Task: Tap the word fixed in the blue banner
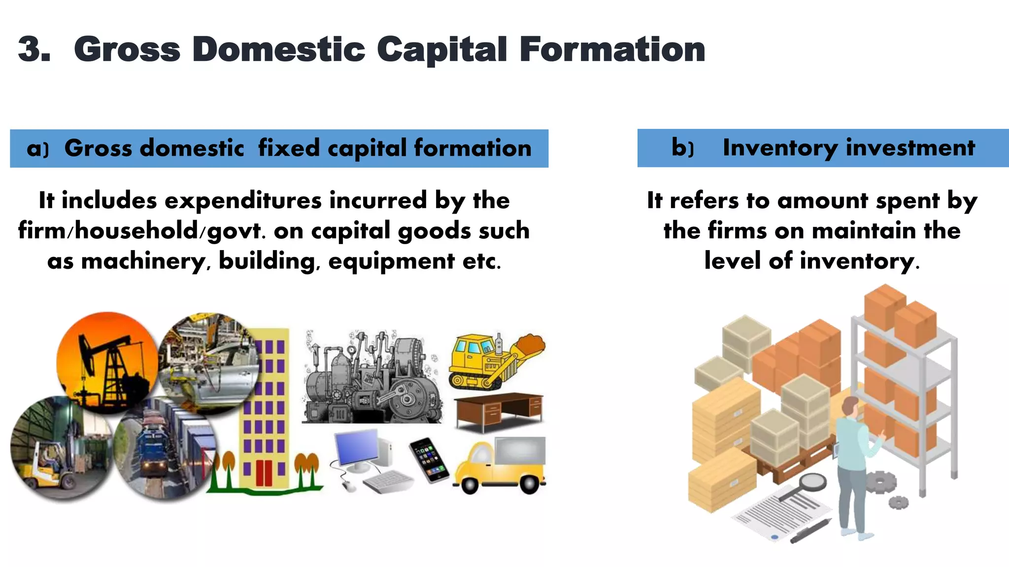[x=289, y=148]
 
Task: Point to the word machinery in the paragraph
[x=143, y=261]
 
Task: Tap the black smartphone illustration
[x=429, y=460]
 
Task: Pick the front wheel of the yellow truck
[x=470, y=484]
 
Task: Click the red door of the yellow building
[x=264, y=472]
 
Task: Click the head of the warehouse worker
[x=849, y=407]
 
